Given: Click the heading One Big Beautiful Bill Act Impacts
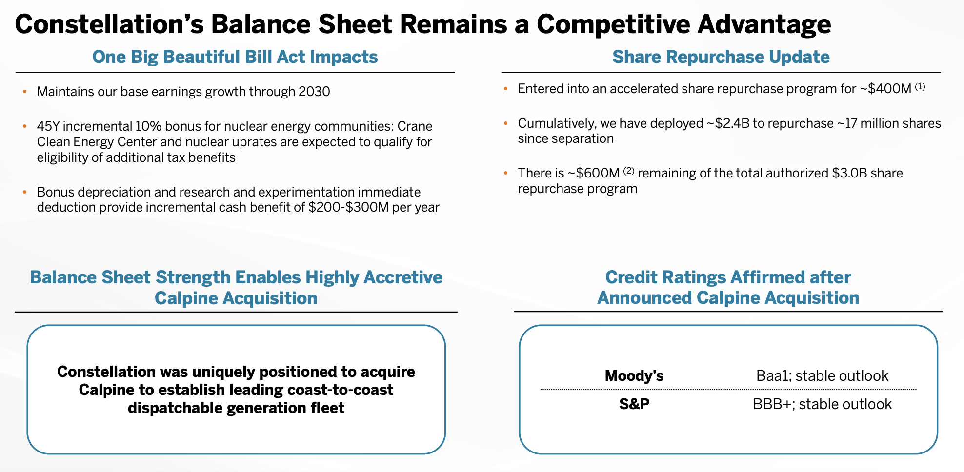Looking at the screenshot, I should tap(235, 57).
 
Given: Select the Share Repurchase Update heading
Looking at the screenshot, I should tap(721, 57).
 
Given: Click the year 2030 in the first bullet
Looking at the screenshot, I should tap(314, 92).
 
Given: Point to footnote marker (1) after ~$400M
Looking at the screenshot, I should tap(920, 87).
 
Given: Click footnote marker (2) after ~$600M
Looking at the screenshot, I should tap(629, 171).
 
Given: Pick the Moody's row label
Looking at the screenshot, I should tap(634, 376).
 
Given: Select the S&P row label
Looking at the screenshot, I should tap(634, 404).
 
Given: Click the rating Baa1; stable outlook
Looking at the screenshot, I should tap(822, 376).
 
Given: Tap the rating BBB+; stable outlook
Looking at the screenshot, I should tap(822, 404).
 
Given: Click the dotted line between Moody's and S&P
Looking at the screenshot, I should tap(728, 390).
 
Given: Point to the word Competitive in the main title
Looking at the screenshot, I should tap(613, 24).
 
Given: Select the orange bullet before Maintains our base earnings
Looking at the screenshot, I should tap(25, 92).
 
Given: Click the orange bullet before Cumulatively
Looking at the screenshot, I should tap(506, 123).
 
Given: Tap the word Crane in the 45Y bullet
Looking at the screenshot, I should tap(415, 126).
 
